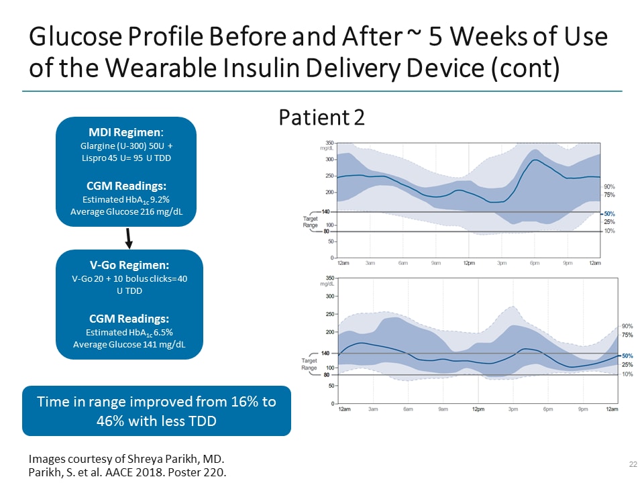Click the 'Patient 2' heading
[x=321, y=117]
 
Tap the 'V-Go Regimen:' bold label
[x=129, y=265]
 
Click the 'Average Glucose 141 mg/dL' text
[x=129, y=345]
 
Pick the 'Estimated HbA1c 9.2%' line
[x=129, y=200]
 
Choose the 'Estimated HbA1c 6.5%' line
[x=129, y=332]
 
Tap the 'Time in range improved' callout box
[x=156, y=411]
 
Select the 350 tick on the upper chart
[x=329, y=143]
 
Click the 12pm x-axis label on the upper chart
[x=468, y=264]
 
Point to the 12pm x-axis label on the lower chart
[x=478, y=409]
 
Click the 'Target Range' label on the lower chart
[x=309, y=364]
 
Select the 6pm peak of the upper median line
[x=535, y=160]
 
